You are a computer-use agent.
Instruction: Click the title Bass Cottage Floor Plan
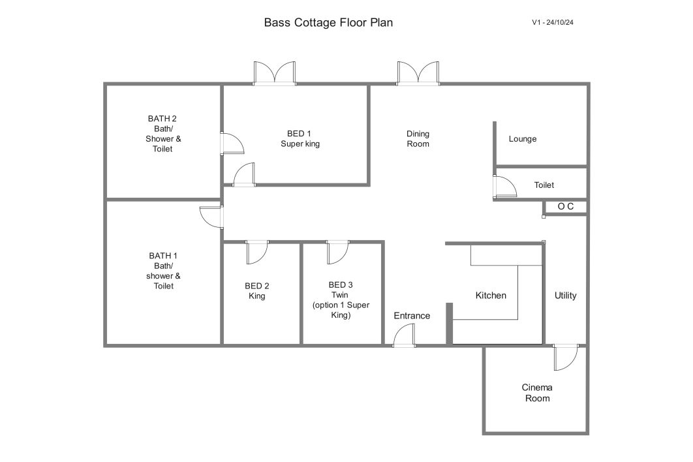click(328, 23)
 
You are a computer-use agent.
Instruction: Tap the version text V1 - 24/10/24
click(553, 23)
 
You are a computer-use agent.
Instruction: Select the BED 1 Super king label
click(300, 138)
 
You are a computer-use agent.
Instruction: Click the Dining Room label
click(418, 138)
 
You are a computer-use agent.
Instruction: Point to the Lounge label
click(523, 139)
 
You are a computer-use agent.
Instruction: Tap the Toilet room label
click(544, 185)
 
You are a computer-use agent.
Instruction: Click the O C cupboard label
click(565, 206)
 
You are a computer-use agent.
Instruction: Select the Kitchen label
click(491, 296)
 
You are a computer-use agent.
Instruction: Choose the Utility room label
click(565, 296)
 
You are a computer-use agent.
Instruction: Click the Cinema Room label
click(537, 393)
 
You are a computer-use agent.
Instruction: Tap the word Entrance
click(412, 316)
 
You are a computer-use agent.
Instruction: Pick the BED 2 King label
click(257, 291)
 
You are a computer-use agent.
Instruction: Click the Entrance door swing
click(404, 335)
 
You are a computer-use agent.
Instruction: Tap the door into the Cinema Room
click(565, 357)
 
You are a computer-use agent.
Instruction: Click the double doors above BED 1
click(275, 73)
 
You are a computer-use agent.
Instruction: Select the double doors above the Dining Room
click(418, 73)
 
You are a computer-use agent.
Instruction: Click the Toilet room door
click(504, 187)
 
